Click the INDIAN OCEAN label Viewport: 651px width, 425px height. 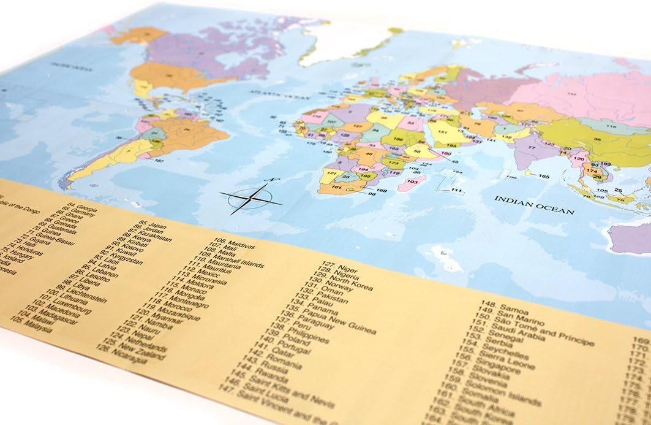[534, 205]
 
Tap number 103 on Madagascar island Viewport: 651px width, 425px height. [412, 182]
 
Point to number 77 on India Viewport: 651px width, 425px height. [532, 148]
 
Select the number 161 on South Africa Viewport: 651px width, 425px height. [336, 187]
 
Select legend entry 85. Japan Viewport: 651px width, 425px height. [153, 226]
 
